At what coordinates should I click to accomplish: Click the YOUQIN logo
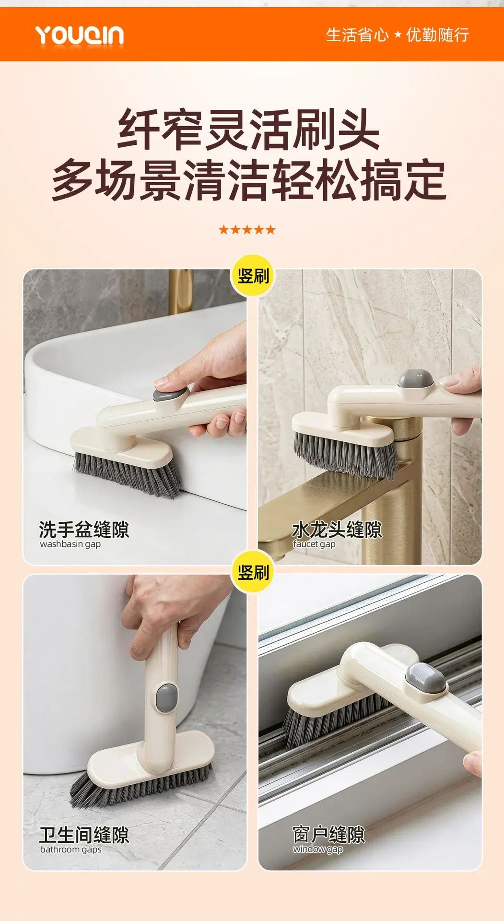coord(80,35)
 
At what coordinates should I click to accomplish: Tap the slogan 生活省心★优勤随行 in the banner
coord(397,35)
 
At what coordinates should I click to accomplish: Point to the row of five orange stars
coord(247,229)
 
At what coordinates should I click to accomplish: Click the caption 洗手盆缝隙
coord(84,530)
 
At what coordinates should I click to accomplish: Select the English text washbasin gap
coord(70,544)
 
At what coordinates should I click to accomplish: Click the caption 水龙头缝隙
coord(337,530)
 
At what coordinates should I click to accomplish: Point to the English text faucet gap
coord(314,544)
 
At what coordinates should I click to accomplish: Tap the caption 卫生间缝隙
coord(84,835)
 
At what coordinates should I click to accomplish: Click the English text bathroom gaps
coord(70,850)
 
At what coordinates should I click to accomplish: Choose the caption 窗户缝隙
coord(328,835)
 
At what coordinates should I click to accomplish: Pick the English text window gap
coord(318,849)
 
